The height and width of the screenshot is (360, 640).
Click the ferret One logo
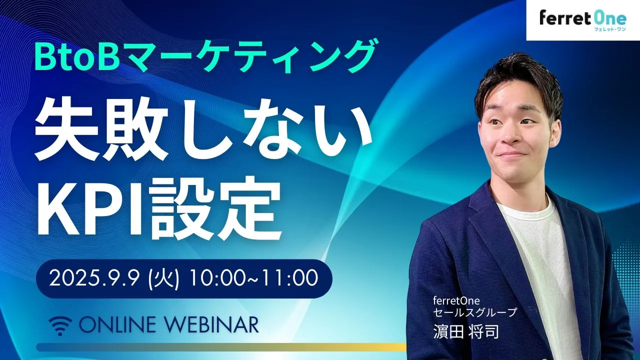coord(583,20)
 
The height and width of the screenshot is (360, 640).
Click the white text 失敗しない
coord(203,129)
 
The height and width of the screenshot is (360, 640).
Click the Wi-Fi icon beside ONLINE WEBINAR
coord(60,325)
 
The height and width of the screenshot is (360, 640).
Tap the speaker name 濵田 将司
coord(466,331)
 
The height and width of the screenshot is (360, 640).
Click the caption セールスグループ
coord(475,312)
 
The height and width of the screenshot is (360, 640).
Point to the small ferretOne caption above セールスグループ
coord(456,300)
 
